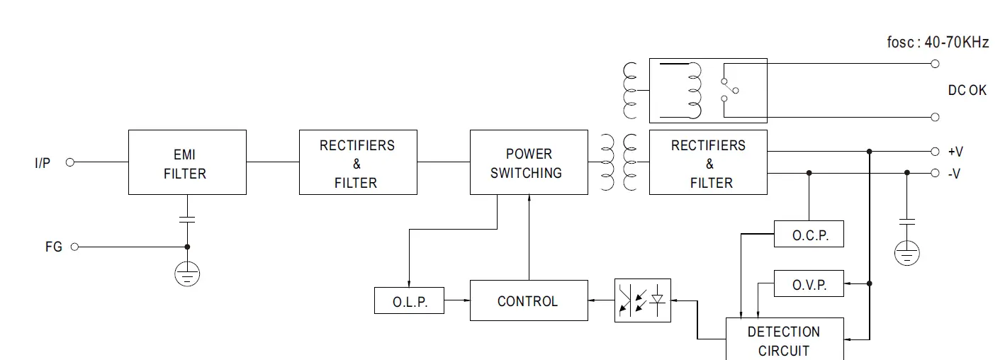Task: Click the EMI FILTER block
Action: click(187, 162)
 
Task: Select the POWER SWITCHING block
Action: click(529, 162)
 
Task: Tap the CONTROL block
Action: click(529, 301)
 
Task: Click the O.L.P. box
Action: click(410, 301)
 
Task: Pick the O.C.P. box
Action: click(809, 235)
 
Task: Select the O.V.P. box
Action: click(809, 283)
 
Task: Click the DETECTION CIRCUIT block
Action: click(785, 340)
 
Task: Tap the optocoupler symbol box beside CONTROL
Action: click(642, 300)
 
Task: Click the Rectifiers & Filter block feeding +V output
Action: click(708, 162)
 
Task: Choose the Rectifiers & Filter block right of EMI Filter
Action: click(358, 162)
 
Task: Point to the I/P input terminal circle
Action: click(70, 162)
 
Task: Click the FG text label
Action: click(54, 247)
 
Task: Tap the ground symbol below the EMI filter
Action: click(187, 274)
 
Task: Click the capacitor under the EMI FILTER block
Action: click(187, 220)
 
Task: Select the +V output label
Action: click(955, 152)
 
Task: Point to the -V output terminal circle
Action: click(935, 173)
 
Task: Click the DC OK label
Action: click(967, 91)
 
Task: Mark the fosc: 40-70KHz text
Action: click(937, 43)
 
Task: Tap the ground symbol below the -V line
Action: click(906, 253)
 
